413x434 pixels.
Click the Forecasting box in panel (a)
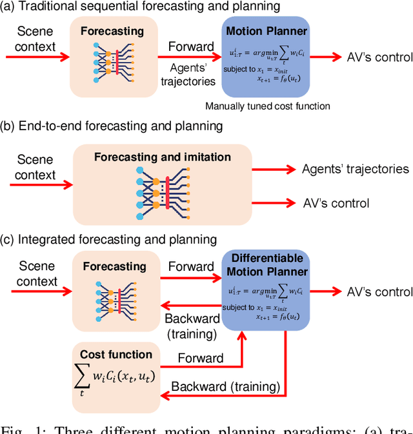click(x=114, y=56)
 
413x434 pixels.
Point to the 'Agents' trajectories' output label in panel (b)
click(x=356, y=169)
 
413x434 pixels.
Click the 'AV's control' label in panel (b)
click(x=336, y=203)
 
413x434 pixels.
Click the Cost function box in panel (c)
click(x=116, y=377)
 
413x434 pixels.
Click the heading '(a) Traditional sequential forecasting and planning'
click(x=141, y=6)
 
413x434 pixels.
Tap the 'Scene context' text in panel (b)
click(x=36, y=167)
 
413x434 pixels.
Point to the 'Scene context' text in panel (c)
click(x=36, y=273)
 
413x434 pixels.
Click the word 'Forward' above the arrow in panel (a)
click(x=190, y=47)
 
